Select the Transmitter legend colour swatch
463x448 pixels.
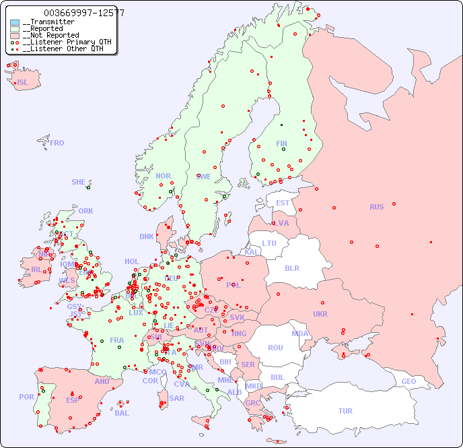15,22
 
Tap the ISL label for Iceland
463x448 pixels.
23,83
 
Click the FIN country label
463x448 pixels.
281,143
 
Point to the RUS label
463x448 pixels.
376,207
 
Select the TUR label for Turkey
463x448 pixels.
345,411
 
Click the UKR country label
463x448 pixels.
320,314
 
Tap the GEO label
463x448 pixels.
408,381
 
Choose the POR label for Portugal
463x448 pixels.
26,397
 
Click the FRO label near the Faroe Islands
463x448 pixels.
57,143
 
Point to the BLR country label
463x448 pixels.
291,267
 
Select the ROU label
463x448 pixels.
275,348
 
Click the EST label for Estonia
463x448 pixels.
283,203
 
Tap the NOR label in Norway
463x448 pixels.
163,176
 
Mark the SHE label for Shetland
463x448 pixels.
79,182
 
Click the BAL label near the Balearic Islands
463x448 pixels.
121,413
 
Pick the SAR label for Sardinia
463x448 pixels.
176,398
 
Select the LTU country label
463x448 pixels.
269,243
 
